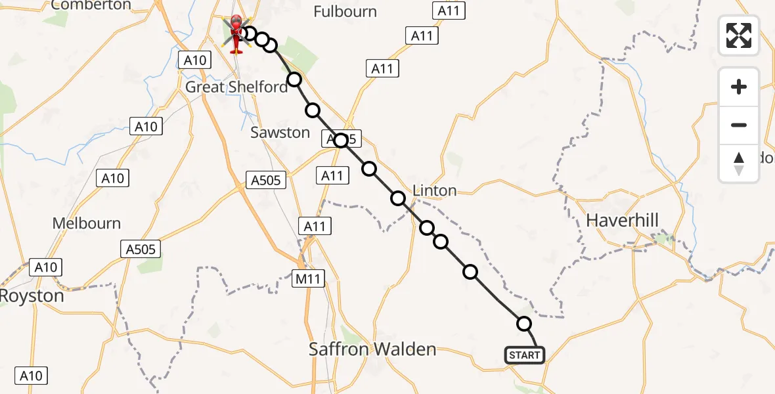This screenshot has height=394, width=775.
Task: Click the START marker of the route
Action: click(524, 355)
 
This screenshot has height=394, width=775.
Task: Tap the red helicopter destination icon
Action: click(235, 33)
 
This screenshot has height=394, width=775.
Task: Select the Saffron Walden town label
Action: click(372, 349)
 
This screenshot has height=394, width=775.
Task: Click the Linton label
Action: click(434, 190)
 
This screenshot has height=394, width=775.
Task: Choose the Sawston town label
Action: click(280, 133)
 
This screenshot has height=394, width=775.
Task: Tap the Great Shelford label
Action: click(236, 87)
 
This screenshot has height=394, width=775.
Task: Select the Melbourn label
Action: click(87, 223)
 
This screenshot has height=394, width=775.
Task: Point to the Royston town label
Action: click(32, 295)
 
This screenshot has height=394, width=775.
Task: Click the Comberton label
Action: click(91, 5)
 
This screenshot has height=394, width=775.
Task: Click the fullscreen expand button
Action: click(739, 35)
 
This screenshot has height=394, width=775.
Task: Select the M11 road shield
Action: click(307, 279)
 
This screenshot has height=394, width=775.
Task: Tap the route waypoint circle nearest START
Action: click(524, 323)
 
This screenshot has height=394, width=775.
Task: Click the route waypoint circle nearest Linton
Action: click(398, 198)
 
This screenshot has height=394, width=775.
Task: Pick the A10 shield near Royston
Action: click(47, 267)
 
